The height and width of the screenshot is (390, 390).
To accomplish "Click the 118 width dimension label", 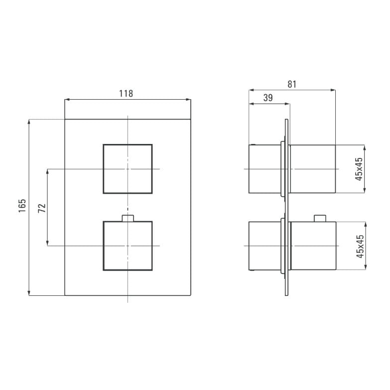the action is [126, 94].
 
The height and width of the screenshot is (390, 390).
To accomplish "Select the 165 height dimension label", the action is [22, 205].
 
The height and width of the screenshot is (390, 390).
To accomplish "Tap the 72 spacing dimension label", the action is [42, 208].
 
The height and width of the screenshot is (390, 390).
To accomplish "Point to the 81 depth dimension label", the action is [292, 84].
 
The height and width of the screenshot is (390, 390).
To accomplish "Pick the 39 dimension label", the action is [268, 98].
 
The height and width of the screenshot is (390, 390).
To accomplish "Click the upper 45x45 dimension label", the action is [359, 169].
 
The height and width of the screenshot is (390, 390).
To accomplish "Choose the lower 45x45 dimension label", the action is [360, 246].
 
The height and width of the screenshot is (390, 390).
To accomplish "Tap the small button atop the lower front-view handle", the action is [128, 218].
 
